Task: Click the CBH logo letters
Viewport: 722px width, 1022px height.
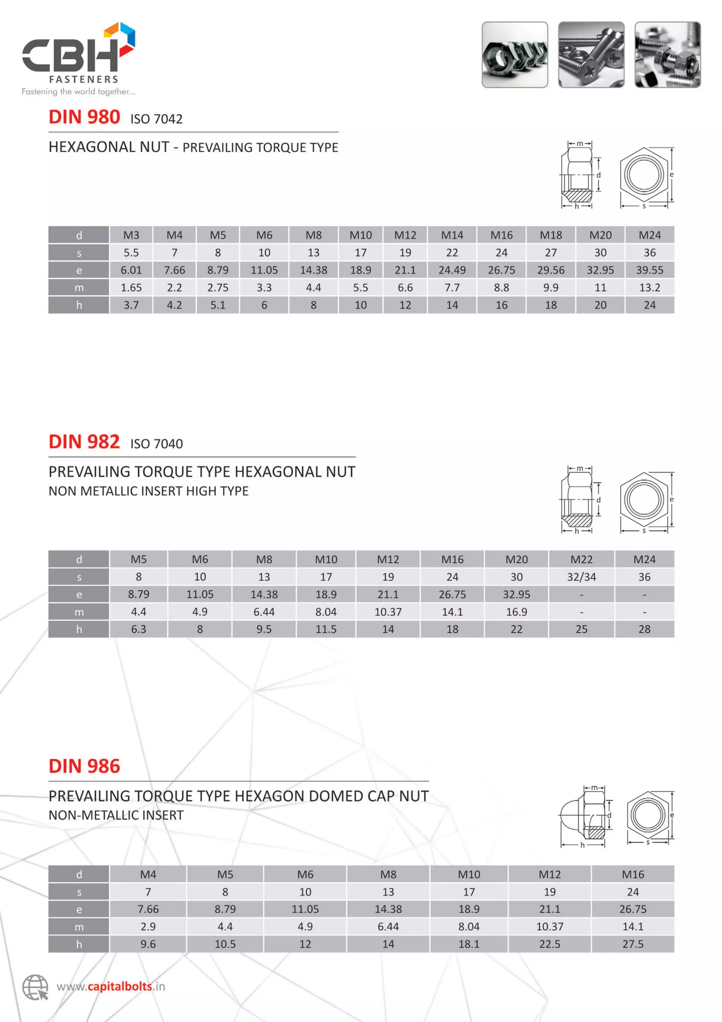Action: pos(70,55)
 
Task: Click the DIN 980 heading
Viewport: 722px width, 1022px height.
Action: pos(84,117)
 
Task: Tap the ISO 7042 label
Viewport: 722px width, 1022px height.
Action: pos(156,119)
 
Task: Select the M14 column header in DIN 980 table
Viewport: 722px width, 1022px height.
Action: pos(452,235)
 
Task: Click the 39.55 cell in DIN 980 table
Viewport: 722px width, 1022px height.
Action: pos(649,270)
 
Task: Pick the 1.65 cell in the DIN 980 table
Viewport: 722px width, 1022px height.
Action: pos(131,288)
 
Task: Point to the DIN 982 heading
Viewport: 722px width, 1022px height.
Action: pos(84,442)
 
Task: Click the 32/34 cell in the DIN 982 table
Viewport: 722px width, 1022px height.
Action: pos(581,577)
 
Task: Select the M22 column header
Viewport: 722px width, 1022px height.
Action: pos(581,560)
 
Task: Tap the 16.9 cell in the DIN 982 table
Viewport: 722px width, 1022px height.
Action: pos(516,612)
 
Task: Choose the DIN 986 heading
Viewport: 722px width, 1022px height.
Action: pos(84,766)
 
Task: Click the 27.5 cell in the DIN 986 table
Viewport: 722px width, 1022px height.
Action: pos(632,944)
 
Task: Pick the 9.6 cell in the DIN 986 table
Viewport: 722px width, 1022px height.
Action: pos(148,944)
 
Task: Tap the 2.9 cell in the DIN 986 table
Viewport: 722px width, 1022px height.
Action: pos(148,927)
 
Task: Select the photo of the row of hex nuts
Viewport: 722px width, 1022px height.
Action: pos(514,55)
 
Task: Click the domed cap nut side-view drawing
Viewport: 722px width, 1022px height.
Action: pos(583,816)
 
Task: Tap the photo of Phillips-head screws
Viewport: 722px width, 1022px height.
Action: pos(591,55)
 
